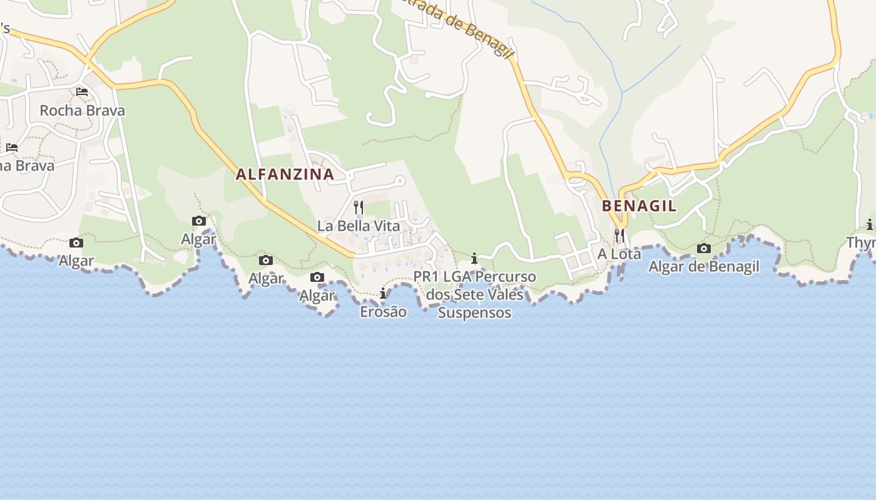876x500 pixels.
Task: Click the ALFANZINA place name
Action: coord(285,174)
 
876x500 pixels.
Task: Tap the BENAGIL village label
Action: coord(639,206)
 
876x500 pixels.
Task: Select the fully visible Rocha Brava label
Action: coord(82,111)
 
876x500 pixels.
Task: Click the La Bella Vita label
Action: coord(359,226)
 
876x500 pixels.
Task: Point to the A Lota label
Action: coord(619,254)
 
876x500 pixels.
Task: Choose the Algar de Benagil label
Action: coord(703,266)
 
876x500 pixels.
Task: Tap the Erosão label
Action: coord(383,311)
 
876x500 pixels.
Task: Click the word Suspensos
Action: coord(474,312)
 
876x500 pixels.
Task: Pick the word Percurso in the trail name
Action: coord(505,276)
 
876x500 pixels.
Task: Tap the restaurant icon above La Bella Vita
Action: coord(359,207)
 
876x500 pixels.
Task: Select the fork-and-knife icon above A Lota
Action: coord(619,236)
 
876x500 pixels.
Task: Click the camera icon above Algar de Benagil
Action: coord(703,248)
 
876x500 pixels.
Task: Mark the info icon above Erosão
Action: coord(383,293)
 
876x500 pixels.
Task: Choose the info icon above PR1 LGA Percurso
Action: coord(474,258)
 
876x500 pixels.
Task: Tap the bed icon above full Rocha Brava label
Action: coord(82,92)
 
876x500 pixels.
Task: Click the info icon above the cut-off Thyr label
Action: coord(869,225)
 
